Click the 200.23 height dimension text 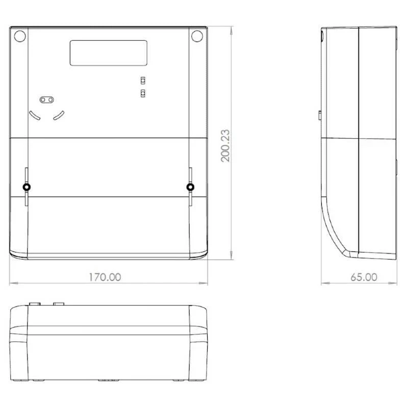click(225, 146)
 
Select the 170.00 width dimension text click(105, 277)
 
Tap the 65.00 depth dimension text click(364, 277)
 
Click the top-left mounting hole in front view click(20, 36)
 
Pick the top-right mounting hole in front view click(197, 36)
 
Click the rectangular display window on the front click(109, 53)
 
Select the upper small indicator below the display click(143, 81)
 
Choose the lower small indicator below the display click(143, 93)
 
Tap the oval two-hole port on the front click(47, 99)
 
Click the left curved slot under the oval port click(35, 116)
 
